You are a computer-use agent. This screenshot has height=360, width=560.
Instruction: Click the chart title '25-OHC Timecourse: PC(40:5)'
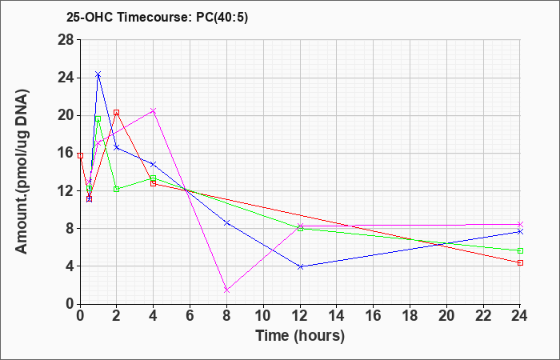(x=157, y=17)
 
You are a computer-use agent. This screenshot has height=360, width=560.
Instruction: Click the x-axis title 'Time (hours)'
(x=300, y=336)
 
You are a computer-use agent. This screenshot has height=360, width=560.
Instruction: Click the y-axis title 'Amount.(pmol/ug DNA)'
(x=22, y=171)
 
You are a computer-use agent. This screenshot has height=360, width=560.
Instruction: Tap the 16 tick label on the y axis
(x=66, y=154)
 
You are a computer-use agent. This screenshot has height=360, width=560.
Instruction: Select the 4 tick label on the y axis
(x=70, y=266)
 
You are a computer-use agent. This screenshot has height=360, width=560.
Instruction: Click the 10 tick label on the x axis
(x=263, y=316)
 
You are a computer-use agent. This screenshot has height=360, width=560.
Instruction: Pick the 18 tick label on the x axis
(x=410, y=316)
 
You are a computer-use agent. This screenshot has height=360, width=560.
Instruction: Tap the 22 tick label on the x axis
(x=483, y=316)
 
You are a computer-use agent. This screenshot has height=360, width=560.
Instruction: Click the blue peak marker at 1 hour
(x=98, y=74)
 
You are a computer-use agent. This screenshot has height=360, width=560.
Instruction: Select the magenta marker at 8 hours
(x=226, y=290)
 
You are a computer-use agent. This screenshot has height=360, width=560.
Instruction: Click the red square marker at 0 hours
(x=80, y=156)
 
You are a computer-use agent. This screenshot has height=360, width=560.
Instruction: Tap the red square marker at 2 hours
(x=117, y=113)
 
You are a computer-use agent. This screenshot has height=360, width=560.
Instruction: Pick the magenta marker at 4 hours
(x=154, y=110)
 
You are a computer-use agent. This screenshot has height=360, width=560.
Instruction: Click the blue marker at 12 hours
(x=300, y=266)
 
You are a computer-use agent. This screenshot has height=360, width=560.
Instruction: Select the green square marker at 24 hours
(x=520, y=250)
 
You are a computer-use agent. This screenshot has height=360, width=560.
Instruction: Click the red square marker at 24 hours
(x=520, y=263)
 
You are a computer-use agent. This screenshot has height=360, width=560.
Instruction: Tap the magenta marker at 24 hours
(x=520, y=224)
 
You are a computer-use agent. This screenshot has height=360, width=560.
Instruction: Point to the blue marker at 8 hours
(x=226, y=223)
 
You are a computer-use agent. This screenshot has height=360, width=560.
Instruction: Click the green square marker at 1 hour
(x=98, y=118)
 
